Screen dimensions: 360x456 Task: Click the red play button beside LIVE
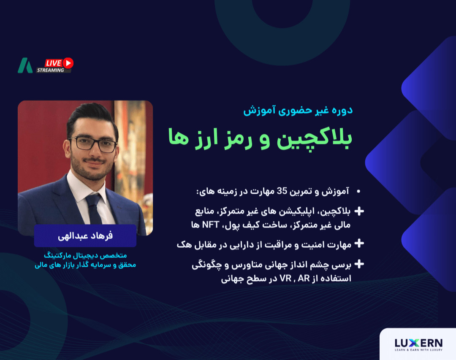[68, 63]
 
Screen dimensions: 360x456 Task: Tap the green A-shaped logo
[25, 65]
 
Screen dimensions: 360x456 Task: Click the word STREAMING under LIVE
[50, 70]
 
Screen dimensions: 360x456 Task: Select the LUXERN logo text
[418, 343]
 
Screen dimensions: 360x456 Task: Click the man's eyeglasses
[92, 143]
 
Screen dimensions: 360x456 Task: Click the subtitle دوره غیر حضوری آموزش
[298, 111]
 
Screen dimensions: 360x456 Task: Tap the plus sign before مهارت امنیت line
[359, 244]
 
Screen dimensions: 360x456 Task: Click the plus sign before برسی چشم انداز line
[359, 265]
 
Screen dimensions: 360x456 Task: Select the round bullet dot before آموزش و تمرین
[358, 192]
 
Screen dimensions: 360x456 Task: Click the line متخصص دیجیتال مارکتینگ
[85, 256]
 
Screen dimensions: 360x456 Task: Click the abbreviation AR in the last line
[304, 279]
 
